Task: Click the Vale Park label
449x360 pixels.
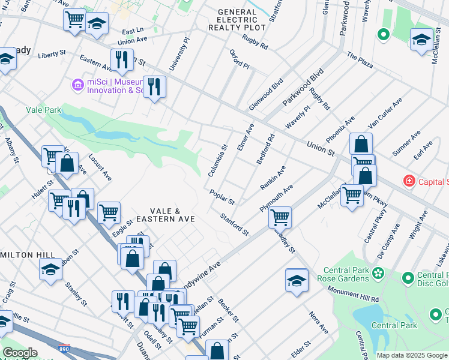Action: coord(44,110)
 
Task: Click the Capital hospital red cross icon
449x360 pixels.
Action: coord(409,181)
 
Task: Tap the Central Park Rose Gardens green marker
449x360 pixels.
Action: coord(378,274)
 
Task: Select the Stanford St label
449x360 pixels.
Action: coord(234,224)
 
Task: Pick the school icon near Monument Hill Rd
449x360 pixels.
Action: coord(297,280)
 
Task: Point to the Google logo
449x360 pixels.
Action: coord(20,353)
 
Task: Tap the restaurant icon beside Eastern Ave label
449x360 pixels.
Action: coord(122,59)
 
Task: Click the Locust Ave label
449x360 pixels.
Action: coord(100,167)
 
